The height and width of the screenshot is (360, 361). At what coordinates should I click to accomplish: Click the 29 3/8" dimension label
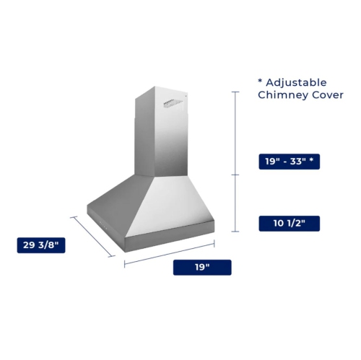[x=42, y=246]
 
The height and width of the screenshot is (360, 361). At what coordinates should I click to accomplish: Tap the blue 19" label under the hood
[x=202, y=268]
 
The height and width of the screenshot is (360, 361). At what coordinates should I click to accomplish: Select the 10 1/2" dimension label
[x=288, y=224]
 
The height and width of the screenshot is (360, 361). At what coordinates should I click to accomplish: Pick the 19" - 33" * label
[x=288, y=162]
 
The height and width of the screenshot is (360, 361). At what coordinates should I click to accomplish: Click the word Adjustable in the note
[x=297, y=82]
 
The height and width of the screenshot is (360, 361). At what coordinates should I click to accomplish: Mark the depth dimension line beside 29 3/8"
[x=93, y=235]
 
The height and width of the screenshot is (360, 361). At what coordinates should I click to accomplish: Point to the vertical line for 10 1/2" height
[x=235, y=203]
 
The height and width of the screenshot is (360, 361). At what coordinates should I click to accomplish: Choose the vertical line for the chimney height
[x=235, y=133]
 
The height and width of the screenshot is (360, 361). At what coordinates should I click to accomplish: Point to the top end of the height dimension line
[x=235, y=92]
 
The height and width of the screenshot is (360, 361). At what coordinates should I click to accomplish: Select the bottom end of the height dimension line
[x=235, y=231]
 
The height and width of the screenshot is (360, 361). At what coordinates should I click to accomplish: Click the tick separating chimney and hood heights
[x=235, y=174]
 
